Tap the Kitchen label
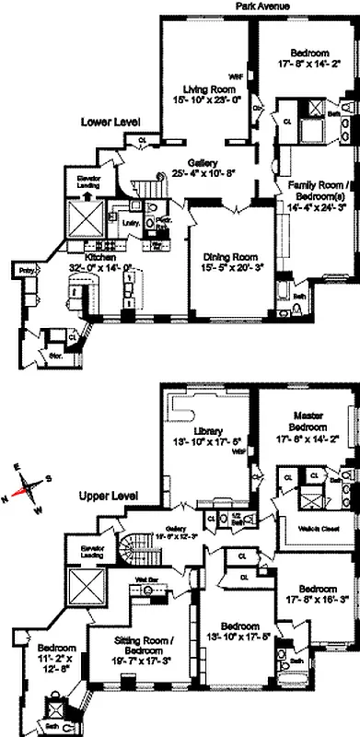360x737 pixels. [x=99, y=258]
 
